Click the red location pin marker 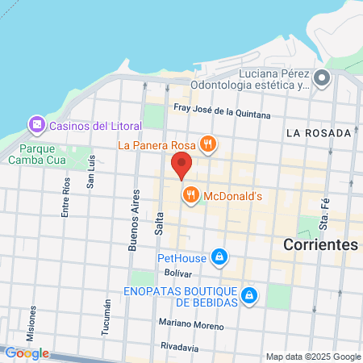pos(182,164)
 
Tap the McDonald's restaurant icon pos(191,194)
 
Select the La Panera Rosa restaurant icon pos(208,144)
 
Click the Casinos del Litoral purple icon pos(35,125)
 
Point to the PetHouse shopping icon pos(218,258)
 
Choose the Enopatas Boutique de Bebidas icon pos(250,295)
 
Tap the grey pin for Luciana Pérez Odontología pos(322,78)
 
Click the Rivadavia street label pos(179,347)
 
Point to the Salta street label pos(159,221)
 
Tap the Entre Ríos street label pos(66,198)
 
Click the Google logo pos(27,353)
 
